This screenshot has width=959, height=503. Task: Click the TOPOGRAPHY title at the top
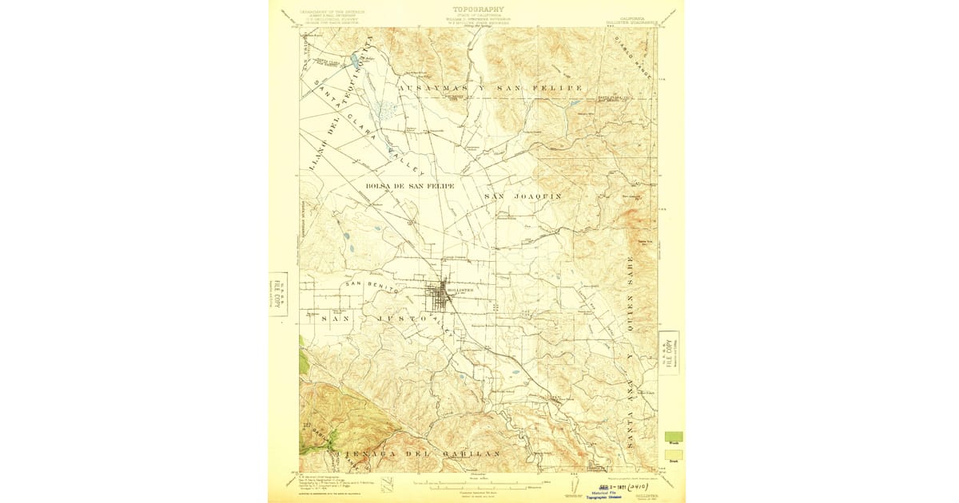pyautogui.click(x=478, y=9)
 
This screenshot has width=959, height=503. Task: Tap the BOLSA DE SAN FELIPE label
pyautogui.click(x=410, y=186)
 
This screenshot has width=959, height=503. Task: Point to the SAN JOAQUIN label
pyautogui.click(x=523, y=196)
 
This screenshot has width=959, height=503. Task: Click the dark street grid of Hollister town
pyautogui.click(x=439, y=298)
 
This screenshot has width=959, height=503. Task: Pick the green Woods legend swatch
pyautogui.click(x=673, y=437)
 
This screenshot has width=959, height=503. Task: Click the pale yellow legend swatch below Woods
pyautogui.click(x=673, y=455)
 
